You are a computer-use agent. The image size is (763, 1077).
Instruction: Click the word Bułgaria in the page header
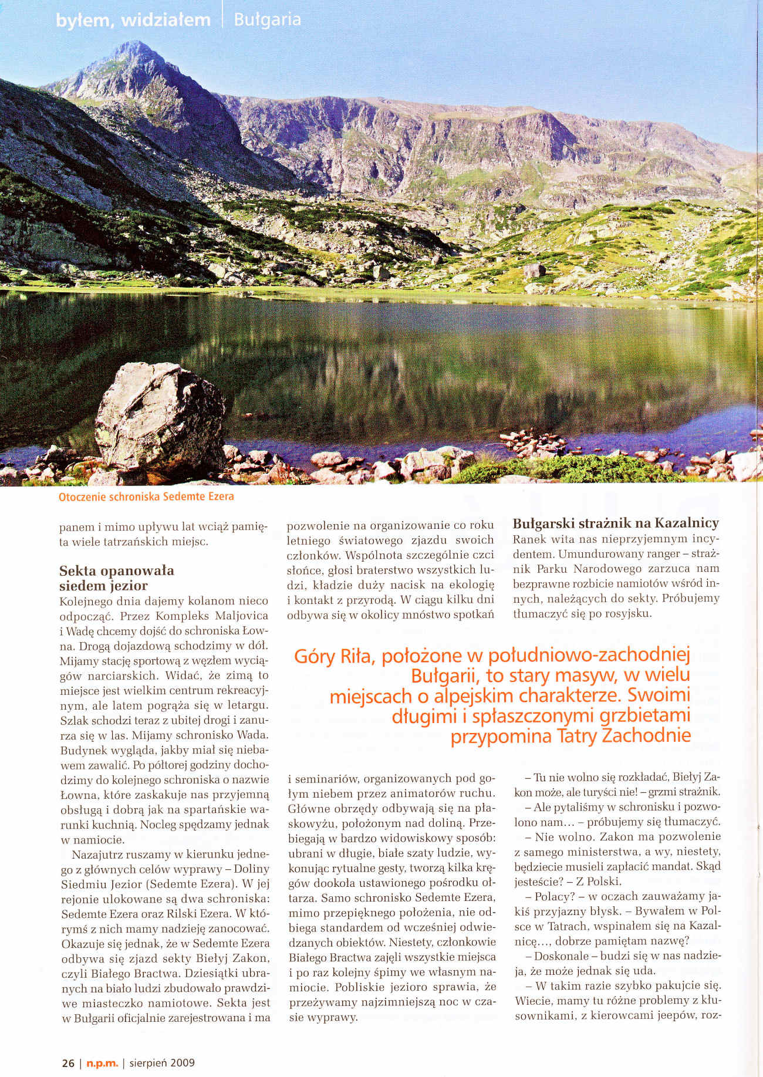267,19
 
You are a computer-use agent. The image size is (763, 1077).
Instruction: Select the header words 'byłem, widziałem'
133,21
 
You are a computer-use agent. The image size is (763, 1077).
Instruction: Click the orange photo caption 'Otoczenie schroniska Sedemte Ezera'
146,497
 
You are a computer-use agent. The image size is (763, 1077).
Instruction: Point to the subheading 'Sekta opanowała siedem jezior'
116,578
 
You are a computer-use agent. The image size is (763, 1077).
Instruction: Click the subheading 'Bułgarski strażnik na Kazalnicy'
616,523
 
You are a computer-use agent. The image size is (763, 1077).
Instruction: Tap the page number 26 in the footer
68,1062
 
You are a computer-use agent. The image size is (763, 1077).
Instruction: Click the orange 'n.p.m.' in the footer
103,1062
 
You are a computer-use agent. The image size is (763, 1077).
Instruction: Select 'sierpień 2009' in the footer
162,1062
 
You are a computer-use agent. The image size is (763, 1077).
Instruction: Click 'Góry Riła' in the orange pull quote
333,656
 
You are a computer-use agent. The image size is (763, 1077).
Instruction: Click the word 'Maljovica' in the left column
241,616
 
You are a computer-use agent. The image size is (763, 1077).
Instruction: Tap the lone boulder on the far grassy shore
534,271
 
